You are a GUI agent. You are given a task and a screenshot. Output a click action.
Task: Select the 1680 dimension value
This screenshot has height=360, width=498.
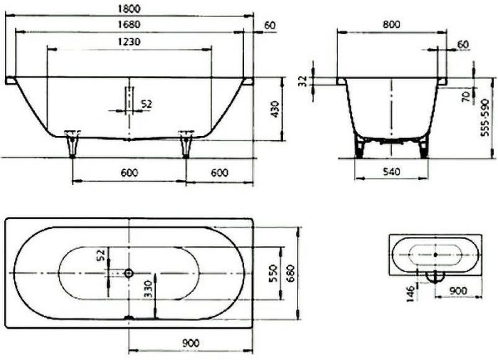129,25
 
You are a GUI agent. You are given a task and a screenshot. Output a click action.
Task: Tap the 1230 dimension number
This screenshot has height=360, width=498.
129,42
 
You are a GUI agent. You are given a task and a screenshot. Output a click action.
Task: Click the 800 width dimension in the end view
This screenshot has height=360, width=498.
391,24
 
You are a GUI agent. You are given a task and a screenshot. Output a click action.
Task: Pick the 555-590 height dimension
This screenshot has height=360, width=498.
487,112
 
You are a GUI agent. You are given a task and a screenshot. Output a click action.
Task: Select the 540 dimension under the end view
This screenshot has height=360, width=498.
391,171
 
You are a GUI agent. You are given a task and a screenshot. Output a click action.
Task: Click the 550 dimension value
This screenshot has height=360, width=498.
272,274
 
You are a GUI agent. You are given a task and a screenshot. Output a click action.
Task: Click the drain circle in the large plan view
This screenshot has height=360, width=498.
128,272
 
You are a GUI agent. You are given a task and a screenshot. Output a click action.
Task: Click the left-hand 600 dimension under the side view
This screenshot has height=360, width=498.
129,171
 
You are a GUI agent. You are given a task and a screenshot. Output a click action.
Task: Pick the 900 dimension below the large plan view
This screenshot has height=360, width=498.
189,342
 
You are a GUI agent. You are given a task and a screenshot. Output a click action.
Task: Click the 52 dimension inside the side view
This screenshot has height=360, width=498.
147,104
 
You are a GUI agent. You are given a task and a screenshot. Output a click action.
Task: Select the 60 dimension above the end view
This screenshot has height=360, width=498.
463,44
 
